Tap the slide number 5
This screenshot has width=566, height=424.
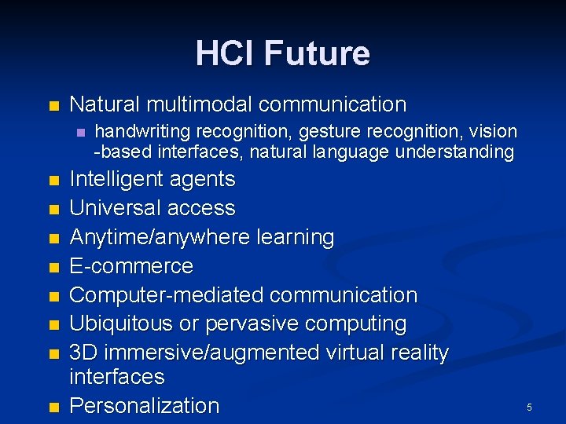click(x=529, y=408)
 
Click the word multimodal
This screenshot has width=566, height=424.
click(x=206, y=104)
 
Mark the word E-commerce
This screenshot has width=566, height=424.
click(x=131, y=266)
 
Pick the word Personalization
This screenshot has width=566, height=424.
click(x=145, y=406)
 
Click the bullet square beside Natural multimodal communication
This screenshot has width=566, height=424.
click(x=53, y=106)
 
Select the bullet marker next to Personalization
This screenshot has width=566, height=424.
click(x=53, y=408)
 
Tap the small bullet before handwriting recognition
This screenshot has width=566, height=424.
click(x=80, y=133)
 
